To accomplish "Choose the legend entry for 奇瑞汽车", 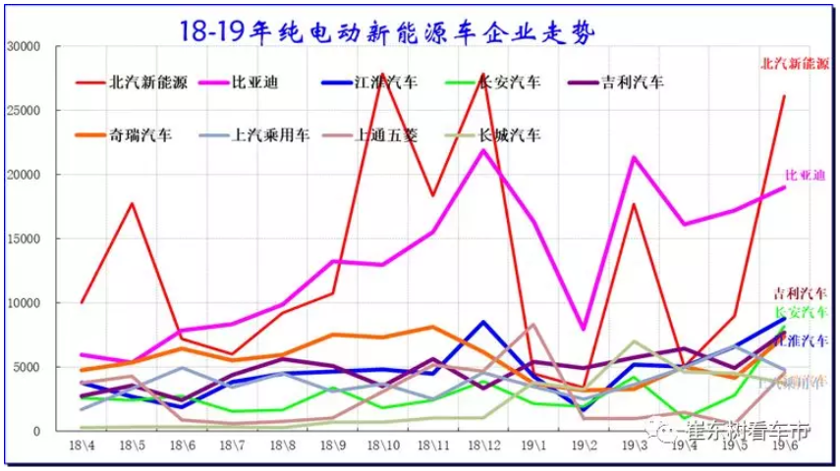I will point(138,134).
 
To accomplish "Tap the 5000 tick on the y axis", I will point(26,367).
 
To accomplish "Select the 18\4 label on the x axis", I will point(82,446).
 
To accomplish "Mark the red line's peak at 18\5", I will point(132,203).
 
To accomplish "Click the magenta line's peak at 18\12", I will point(482,150).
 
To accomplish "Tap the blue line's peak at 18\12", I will point(482,322).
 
